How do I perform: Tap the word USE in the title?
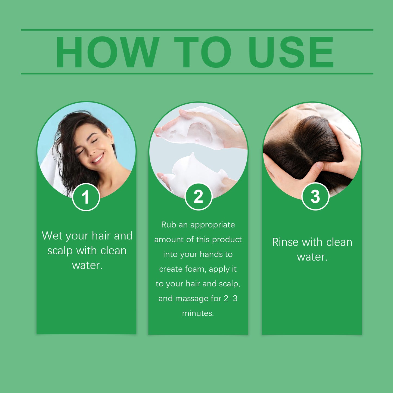click(291, 52)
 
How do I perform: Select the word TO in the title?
click(203, 52)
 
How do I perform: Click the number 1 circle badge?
click(86, 197)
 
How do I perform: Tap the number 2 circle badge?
click(198, 196)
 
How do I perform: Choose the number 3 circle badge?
click(315, 196)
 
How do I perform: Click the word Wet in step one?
click(52, 236)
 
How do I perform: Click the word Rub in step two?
click(169, 225)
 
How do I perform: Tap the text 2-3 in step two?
click(230, 298)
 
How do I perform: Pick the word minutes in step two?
click(198, 313)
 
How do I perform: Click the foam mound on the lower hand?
click(190, 171)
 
